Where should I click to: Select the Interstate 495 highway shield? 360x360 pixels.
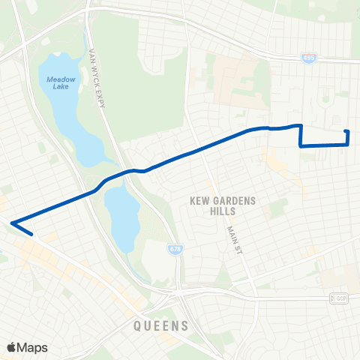tap(308, 57)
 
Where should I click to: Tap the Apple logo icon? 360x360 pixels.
tap(11, 347)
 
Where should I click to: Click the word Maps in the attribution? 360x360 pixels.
tap(32, 347)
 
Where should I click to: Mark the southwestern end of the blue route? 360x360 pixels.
tap(31, 234)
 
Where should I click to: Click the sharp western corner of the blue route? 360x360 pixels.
tap(13, 222)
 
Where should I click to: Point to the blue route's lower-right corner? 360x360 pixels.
tap(349, 145)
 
